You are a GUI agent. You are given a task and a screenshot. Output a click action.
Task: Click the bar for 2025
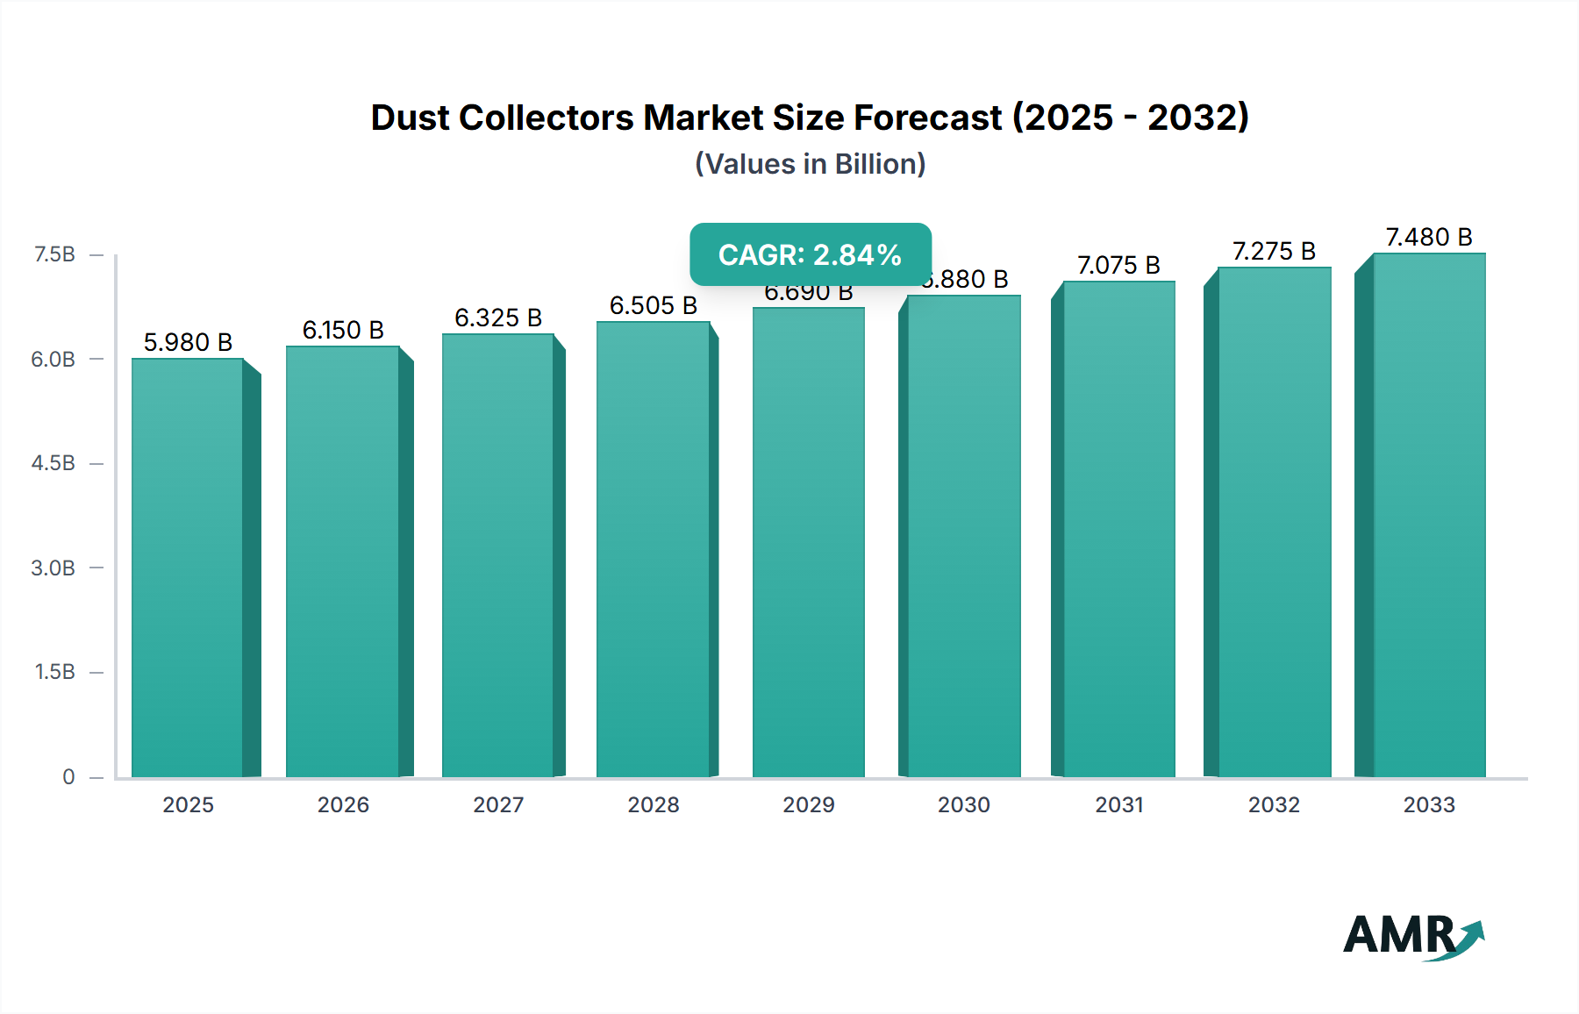188,568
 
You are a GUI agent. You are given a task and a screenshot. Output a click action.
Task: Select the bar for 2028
653,550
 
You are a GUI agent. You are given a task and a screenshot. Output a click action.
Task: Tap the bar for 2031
1118,530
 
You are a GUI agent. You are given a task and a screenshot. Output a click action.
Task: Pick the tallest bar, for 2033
1429,516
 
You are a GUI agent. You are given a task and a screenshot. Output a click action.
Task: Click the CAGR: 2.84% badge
810,254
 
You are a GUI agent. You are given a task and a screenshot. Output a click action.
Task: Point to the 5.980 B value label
188,342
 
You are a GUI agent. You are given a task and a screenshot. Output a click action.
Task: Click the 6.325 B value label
497,318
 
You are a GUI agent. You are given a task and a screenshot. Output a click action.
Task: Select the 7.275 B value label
1274,251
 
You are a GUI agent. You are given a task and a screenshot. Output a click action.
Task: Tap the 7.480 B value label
1428,237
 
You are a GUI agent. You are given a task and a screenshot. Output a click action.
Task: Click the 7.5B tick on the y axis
54,254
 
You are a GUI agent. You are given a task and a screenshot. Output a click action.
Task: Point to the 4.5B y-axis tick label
54,463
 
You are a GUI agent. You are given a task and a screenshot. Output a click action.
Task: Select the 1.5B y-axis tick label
54,672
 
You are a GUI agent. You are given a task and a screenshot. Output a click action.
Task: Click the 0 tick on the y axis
68,776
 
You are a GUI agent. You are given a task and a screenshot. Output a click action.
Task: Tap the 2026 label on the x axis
343,804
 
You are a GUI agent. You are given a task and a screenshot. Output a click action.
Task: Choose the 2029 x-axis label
808,804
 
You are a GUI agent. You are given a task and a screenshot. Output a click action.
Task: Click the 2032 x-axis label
1274,804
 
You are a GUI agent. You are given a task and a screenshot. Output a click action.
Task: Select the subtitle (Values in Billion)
810,164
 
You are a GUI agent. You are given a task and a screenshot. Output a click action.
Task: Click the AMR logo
1412,935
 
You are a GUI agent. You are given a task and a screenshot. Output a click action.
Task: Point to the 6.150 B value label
343,330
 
